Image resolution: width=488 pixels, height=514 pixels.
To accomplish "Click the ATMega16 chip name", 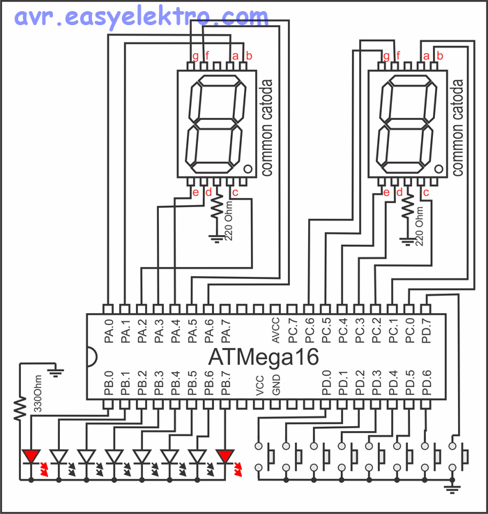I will tap(264, 357).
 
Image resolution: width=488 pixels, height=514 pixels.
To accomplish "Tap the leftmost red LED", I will tap(31, 457).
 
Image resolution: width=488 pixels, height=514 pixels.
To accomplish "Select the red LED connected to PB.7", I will tap(225, 457).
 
